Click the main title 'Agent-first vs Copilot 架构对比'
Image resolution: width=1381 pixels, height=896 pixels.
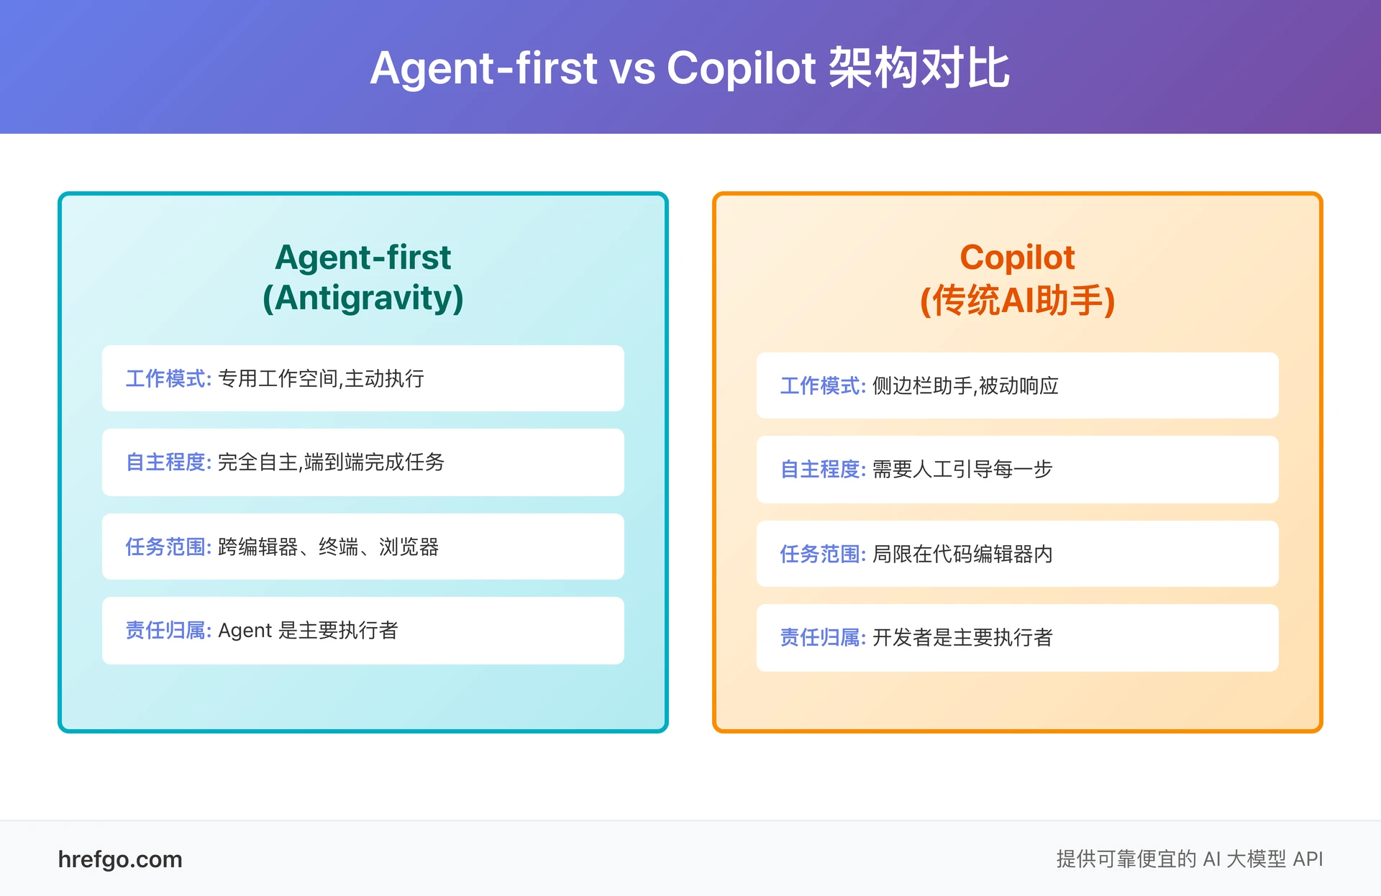(x=690, y=68)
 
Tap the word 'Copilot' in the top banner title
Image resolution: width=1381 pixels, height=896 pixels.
(x=741, y=68)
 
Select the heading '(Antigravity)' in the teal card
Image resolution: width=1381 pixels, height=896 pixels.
(x=363, y=298)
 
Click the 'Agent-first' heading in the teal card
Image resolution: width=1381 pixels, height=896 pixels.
(x=363, y=257)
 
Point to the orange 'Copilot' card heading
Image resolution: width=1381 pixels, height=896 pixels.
(x=1017, y=257)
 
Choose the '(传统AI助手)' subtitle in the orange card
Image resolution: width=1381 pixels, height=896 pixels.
(x=1017, y=300)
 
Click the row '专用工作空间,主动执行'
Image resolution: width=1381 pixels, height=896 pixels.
(x=363, y=378)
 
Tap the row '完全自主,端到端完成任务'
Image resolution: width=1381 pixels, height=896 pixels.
(x=363, y=462)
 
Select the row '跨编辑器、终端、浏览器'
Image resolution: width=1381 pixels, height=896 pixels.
(x=363, y=547)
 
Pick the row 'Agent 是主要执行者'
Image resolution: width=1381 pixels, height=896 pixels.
(x=363, y=631)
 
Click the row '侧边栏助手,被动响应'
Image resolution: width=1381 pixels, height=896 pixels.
(x=1017, y=385)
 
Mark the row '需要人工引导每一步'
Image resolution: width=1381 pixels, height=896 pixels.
(x=1017, y=470)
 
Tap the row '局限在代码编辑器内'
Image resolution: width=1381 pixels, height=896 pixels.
(x=1017, y=554)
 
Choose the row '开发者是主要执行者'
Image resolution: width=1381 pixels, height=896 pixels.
(x=1017, y=638)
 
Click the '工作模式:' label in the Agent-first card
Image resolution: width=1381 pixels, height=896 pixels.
(x=168, y=378)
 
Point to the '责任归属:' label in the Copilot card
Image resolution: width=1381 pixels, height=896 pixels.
(x=823, y=638)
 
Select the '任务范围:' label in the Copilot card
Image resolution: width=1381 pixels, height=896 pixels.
(x=823, y=554)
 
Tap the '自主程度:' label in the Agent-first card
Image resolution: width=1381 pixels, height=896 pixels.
(x=168, y=462)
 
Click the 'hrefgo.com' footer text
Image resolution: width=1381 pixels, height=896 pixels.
(x=120, y=859)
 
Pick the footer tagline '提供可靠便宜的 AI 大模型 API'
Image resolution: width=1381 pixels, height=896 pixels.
(x=1189, y=859)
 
